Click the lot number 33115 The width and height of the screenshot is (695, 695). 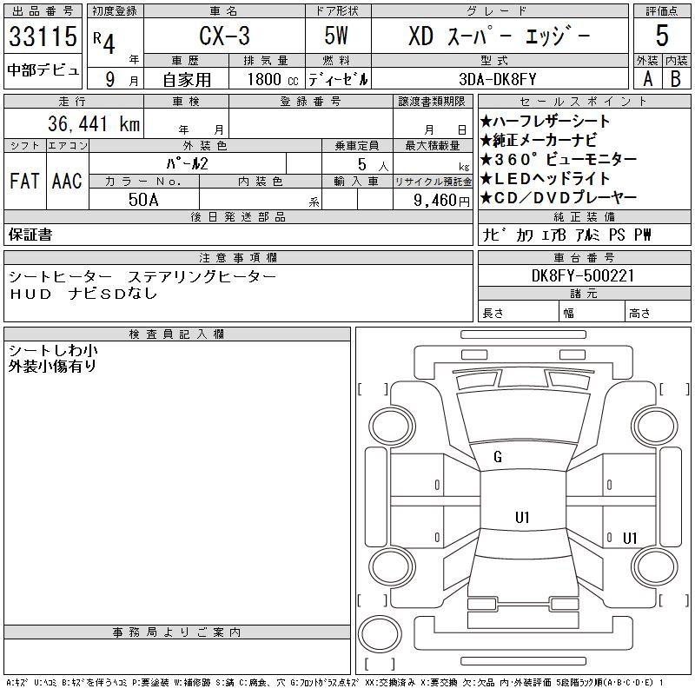click(x=43, y=36)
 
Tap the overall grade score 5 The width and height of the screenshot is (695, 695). click(x=662, y=36)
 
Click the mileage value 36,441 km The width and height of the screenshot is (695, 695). click(x=84, y=125)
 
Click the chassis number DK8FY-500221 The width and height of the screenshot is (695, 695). click(x=585, y=276)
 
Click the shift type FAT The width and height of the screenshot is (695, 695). click(x=24, y=182)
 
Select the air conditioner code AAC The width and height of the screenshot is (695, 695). click(x=66, y=182)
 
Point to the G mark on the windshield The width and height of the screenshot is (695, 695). click(x=498, y=457)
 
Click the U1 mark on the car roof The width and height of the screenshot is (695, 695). click(x=522, y=518)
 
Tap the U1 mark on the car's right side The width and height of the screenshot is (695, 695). click(x=630, y=538)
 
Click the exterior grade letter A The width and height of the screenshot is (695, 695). click(x=647, y=78)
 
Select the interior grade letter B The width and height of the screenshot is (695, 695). click(x=676, y=78)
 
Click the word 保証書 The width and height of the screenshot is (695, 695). click(x=31, y=235)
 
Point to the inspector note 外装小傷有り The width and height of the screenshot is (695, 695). click(x=52, y=367)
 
